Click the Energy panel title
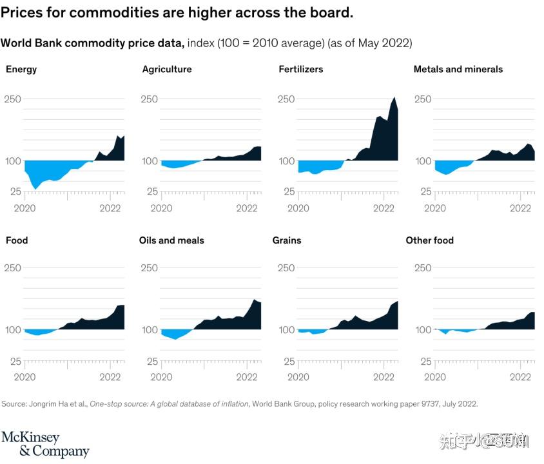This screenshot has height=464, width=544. coord(21,69)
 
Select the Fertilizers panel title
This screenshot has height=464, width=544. coord(301,69)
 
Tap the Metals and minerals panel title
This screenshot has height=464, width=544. coord(458,69)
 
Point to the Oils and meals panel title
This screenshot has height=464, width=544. coord(171,240)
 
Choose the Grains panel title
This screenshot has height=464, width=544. coord(287,240)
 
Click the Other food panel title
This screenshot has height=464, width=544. coord(430,240)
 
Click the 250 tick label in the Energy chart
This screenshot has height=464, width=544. coord(13,99)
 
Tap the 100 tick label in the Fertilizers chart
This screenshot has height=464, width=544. coord(287,160)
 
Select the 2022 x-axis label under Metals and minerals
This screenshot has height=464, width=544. coord(521,208)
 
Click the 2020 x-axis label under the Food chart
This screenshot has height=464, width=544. coord(24,377)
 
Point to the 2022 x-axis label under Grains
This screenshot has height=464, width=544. coord(384,377)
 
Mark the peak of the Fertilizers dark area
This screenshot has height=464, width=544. coord(394,98)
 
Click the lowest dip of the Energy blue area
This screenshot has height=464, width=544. coord(35,188)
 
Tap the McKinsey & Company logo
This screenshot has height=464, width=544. coord(45,444)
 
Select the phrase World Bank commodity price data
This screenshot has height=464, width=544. coord(93,43)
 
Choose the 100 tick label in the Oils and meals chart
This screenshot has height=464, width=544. coord(150,329)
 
